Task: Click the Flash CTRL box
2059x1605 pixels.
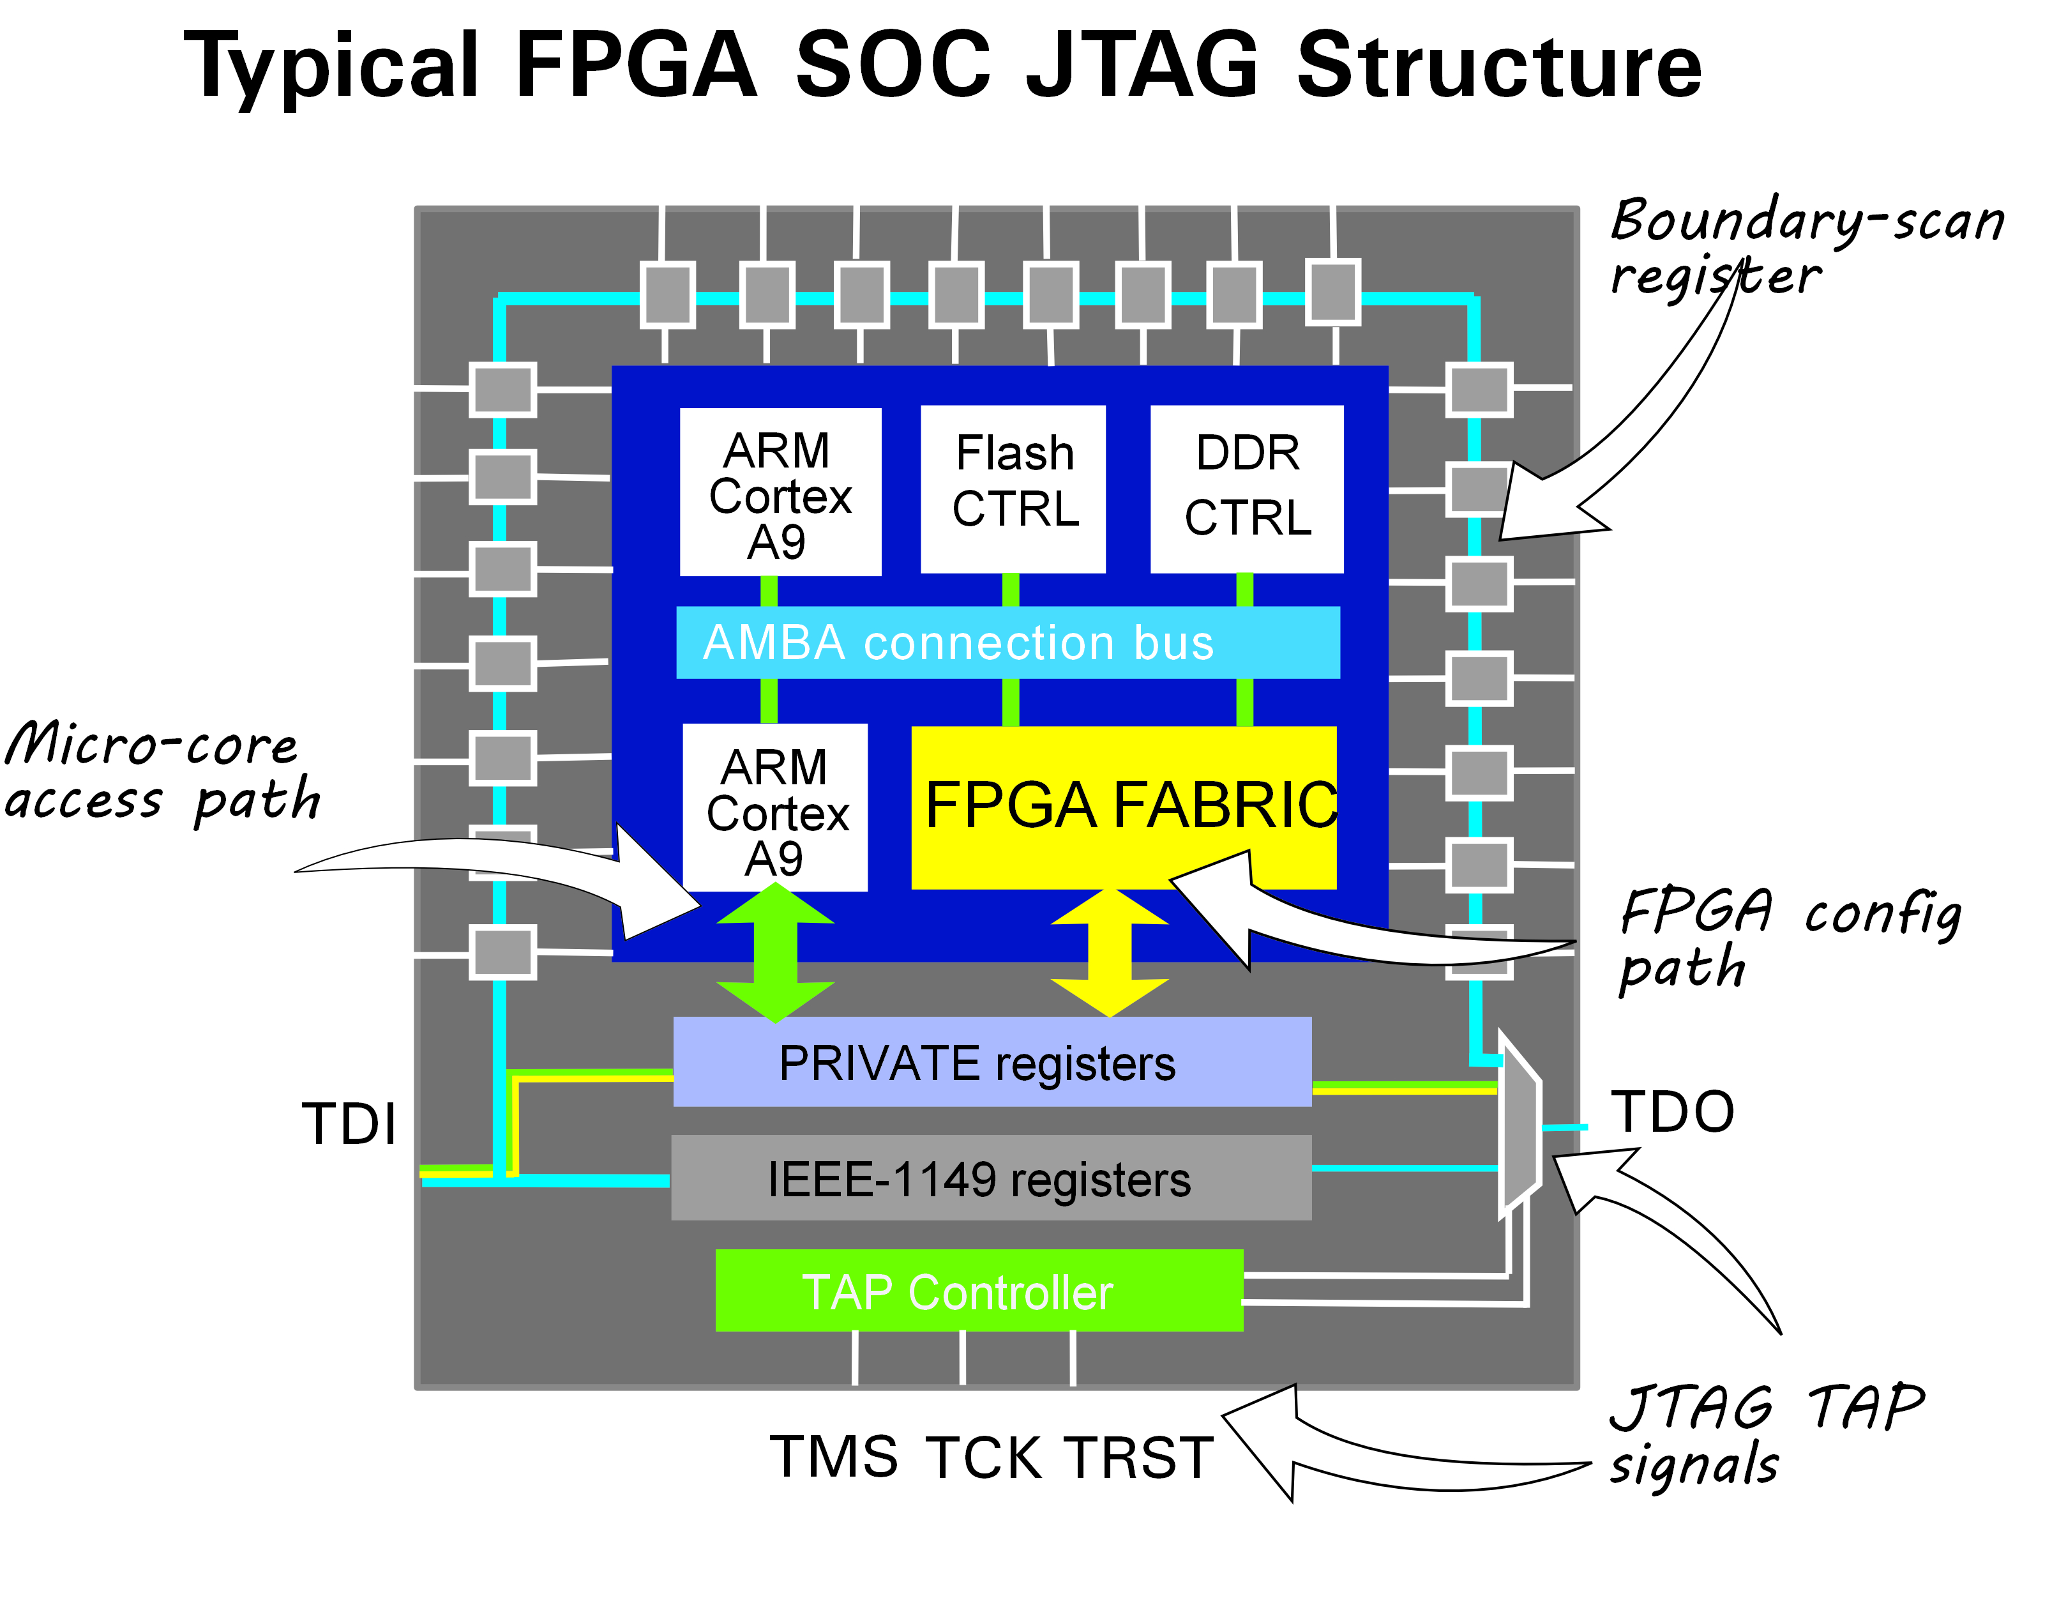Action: [1013, 489]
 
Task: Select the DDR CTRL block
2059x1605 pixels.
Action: [1246, 489]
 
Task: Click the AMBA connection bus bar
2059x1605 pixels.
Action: [1007, 642]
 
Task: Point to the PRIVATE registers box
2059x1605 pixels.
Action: [992, 1062]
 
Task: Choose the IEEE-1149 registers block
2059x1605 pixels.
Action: [990, 1178]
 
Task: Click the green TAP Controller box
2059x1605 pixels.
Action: [979, 1290]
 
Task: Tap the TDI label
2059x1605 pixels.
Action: [349, 1124]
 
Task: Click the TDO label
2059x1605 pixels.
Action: [1671, 1112]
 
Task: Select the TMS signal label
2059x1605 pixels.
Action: [833, 1457]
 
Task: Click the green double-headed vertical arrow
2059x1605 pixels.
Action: [775, 952]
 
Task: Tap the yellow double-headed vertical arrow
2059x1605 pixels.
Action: [1110, 952]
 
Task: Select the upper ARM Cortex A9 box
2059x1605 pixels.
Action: [780, 492]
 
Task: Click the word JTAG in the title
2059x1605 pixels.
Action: [1142, 65]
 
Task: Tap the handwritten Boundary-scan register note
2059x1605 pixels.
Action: [1806, 247]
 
